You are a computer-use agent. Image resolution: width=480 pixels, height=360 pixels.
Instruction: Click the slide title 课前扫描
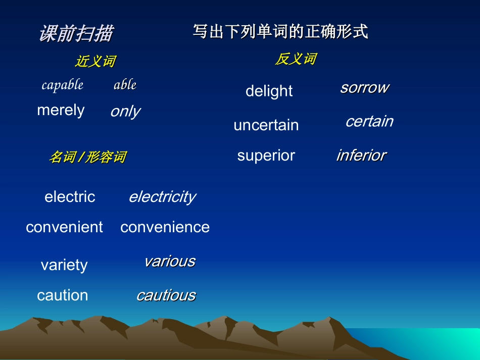pyautogui.click(x=76, y=34)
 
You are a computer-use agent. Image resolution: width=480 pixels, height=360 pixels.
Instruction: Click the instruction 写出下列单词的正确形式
pyautogui.click(x=280, y=32)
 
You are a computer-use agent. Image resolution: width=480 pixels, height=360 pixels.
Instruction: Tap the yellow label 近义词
pyautogui.click(x=95, y=62)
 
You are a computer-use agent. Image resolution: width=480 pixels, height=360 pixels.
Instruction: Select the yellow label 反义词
pyautogui.click(x=296, y=59)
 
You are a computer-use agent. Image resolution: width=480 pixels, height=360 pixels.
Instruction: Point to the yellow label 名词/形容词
pyautogui.click(x=87, y=157)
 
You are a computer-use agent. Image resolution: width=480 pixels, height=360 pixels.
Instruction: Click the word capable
pyautogui.click(x=63, y=85)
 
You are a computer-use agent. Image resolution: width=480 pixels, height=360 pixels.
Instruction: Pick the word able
pyautogui.click(x=125, y=85)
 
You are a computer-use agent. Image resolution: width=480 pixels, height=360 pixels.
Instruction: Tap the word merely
pyautogui.click(x=61, y=110)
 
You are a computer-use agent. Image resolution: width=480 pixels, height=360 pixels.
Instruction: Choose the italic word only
pyautogui.click(x=125, y=112)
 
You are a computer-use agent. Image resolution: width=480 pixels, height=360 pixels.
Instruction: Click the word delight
pyautogui.click(x=269, y=91)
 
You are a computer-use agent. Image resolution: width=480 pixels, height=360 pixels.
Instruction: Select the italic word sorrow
pyautogui.click(x=364, y=87)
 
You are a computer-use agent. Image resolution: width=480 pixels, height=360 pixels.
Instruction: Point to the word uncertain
pyautogui.click(x=266, y=125)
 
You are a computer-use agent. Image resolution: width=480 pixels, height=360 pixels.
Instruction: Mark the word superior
pyautogui.click(x=266, y=156)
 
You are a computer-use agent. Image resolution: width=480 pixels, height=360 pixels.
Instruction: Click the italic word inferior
pyautogui.click(x=361, y=155)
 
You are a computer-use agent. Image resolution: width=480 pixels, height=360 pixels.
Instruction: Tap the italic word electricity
pyautogui.click(x=162, y=196)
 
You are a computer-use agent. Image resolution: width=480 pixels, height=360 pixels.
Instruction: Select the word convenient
pyautogui.click(x=64, y=227)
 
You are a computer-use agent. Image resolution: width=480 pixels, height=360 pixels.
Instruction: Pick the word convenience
pyautogui.click(x=165, y=227)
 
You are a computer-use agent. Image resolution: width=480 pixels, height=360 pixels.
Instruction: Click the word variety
pyautogui.click(x=64, y=265)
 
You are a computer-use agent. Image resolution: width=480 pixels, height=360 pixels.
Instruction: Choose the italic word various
pyautogui.click(x=170, y=261)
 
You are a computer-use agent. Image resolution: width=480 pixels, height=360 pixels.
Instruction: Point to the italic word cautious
pyautogui.click(x=166, y=295)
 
